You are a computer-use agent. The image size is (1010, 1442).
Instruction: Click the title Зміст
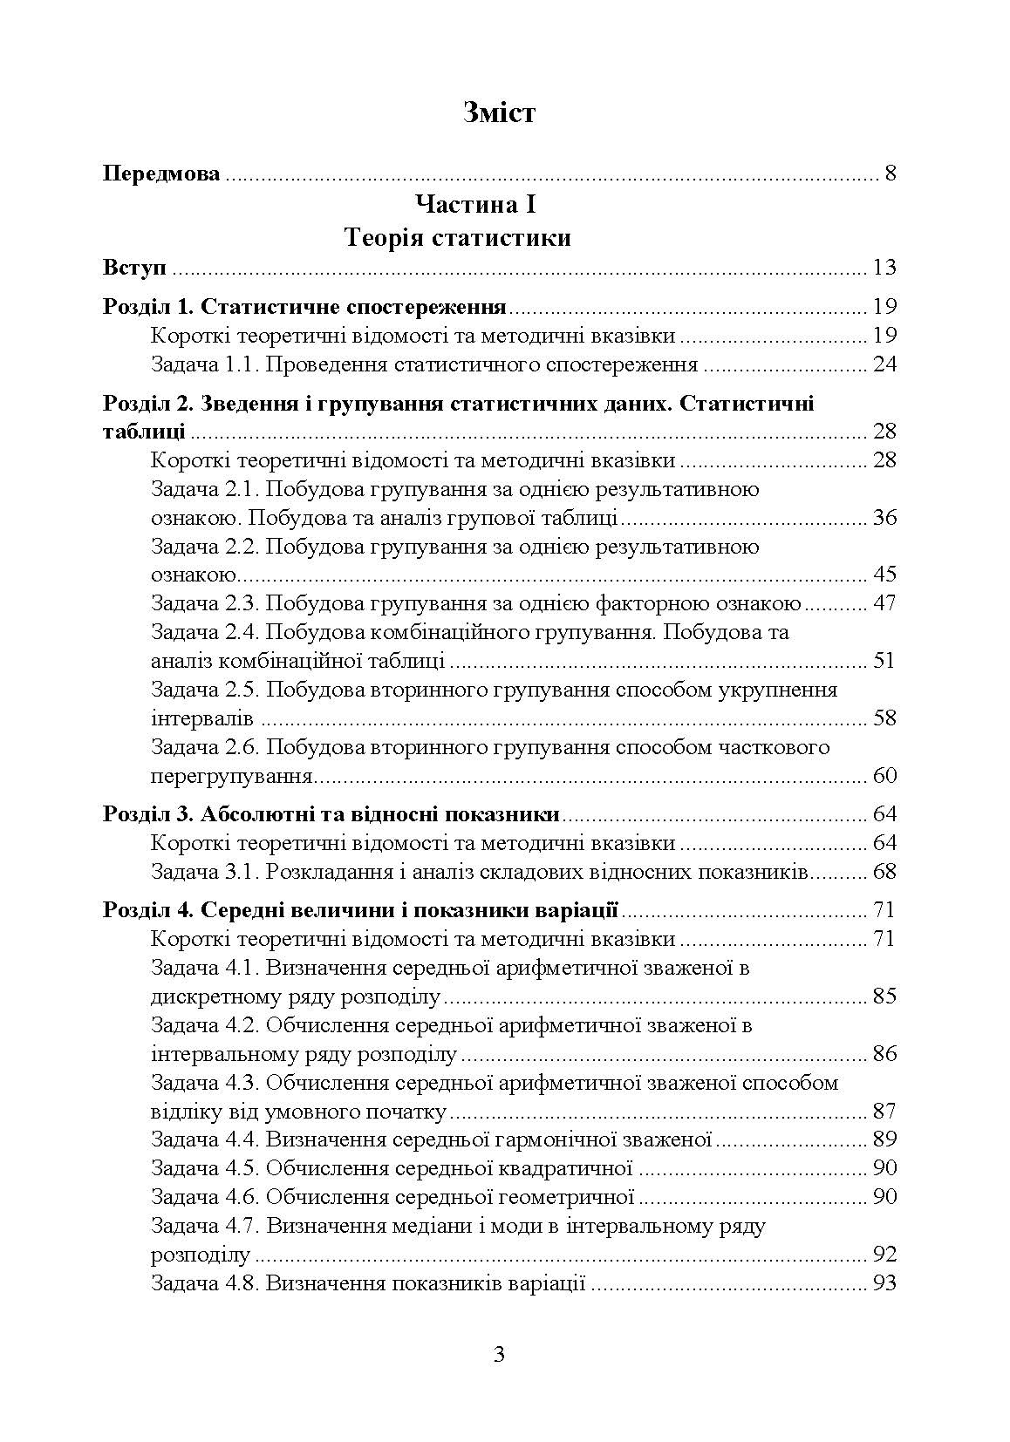pos(500,112)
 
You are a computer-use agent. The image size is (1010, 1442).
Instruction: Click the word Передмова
pos(161,173)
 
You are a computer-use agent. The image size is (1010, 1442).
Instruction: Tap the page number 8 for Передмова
pos(890,173)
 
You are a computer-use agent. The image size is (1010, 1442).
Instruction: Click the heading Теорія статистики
pos(458,238)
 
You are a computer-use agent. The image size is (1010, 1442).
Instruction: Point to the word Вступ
pos(134,267)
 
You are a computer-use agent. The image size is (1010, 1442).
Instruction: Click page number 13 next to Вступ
pos(884,267)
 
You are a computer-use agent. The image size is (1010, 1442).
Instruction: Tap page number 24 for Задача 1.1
pos(884,364)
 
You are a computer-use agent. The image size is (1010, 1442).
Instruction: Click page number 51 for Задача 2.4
pos(884,661)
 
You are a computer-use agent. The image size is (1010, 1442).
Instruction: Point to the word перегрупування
pos(231,776)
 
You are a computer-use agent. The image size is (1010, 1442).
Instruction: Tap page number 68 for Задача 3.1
pos(884,872)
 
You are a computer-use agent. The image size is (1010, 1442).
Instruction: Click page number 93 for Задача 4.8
pos(884,1283)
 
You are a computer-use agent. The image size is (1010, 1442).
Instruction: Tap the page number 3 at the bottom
pos(499,1355)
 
